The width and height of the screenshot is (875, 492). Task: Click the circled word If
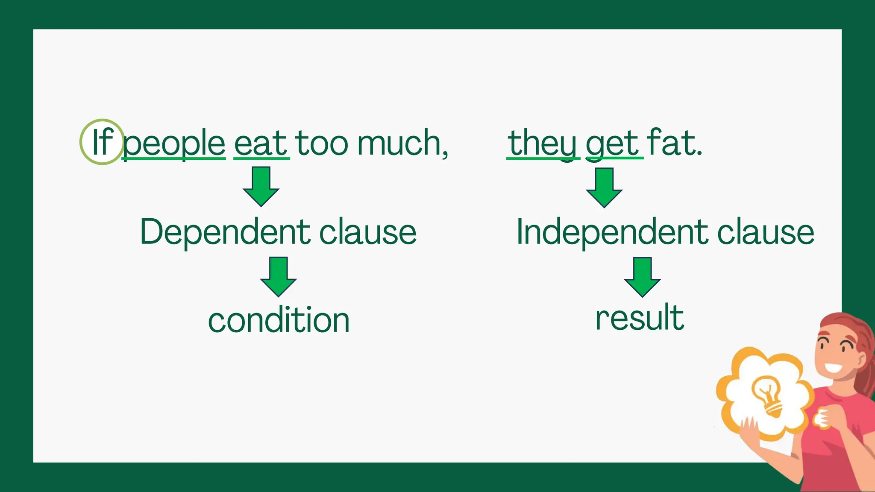pyautogui.click(x=102, y=142)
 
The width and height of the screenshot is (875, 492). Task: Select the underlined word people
pyautogui.click(x=174, y=143)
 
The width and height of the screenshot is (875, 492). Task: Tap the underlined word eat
pyautogui.click(x=261, y=143)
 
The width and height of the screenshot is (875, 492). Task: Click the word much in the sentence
pyautogui.click(x=402, y=143)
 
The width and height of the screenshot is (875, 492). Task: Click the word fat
pyautogui.click(x=674, y=143)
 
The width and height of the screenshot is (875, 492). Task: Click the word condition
pyautogui.click(x=279, y=320)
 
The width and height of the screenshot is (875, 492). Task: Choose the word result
pyautogui.click(x=640, y=318)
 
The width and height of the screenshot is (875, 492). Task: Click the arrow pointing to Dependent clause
pyautogui.click(x=261, y=187)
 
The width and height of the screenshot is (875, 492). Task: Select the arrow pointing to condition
pyautogui.click(x=278, y=276)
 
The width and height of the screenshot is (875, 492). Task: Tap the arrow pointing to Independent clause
pyautogui.click(x=604, y=187)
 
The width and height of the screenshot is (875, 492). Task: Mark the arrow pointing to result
pyautogui.click(x=642, y=277)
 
